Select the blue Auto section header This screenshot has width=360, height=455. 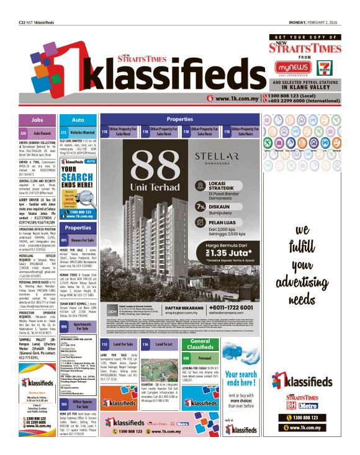click(x=78, y=119)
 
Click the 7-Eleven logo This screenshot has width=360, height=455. click(x=323, y=68)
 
